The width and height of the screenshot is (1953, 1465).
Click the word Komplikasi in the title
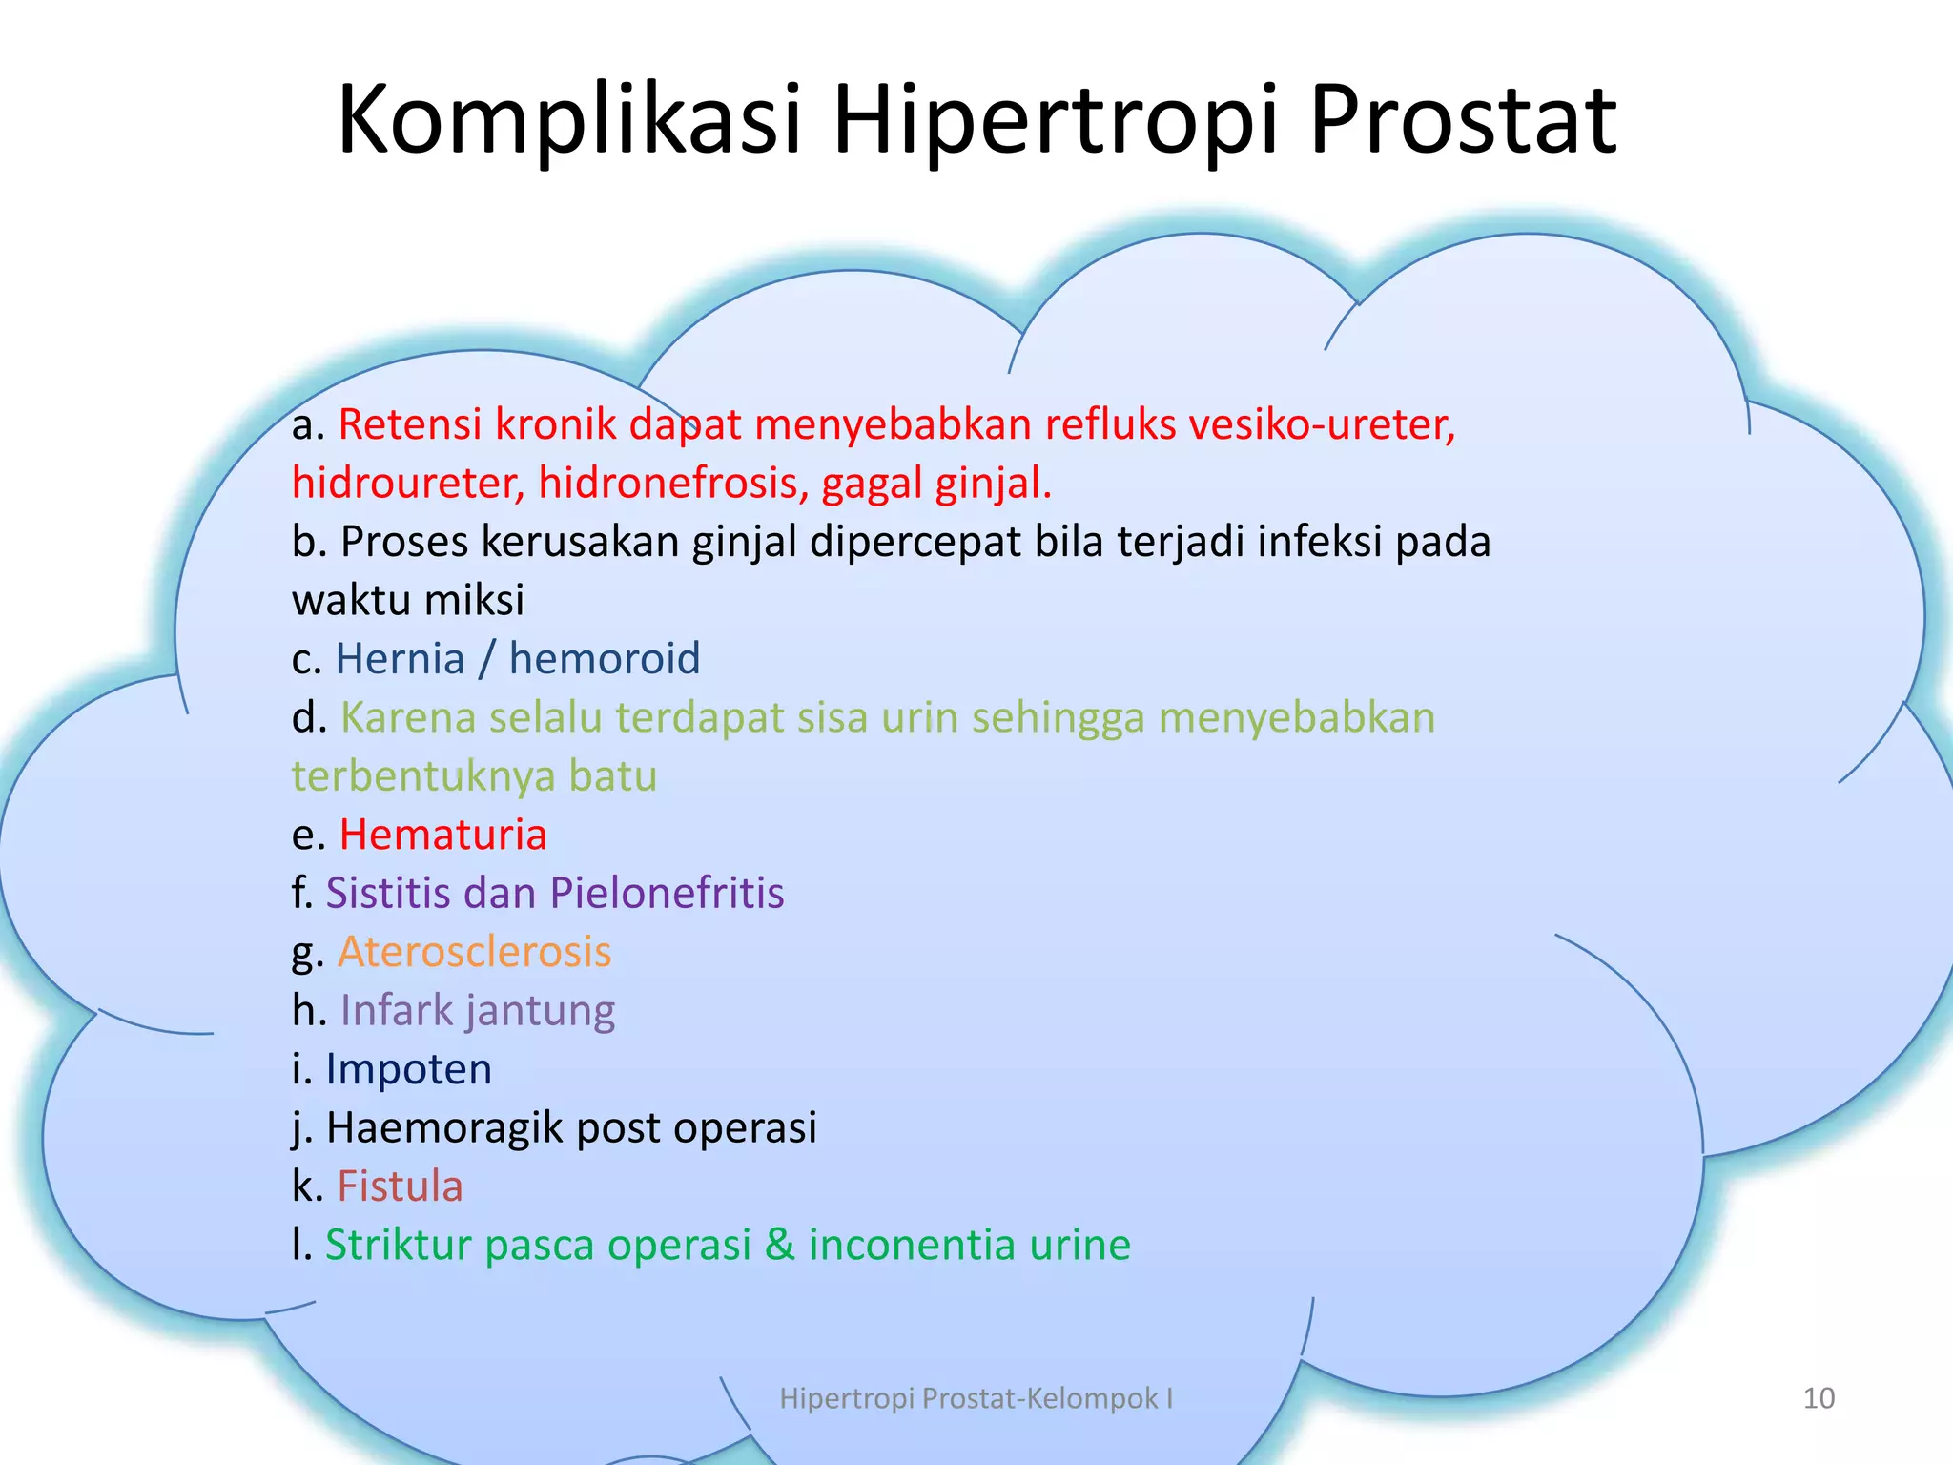point(569,119)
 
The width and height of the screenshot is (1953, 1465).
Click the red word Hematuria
point(442,835)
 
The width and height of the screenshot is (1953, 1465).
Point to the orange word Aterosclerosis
point(474,952)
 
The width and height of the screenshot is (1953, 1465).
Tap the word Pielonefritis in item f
point(667,894)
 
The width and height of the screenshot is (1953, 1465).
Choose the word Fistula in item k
point(400,1186)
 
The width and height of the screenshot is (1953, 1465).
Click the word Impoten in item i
point(408,1069)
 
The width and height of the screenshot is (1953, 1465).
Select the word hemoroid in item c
point(605,659)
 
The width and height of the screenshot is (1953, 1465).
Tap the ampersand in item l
point(780,1245)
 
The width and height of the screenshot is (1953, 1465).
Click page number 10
point(1819,1398)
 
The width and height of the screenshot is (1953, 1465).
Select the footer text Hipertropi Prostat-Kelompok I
point(976,1398)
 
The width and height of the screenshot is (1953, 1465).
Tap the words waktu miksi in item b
point(407,601)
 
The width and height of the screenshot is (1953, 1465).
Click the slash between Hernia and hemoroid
point(487,659)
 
